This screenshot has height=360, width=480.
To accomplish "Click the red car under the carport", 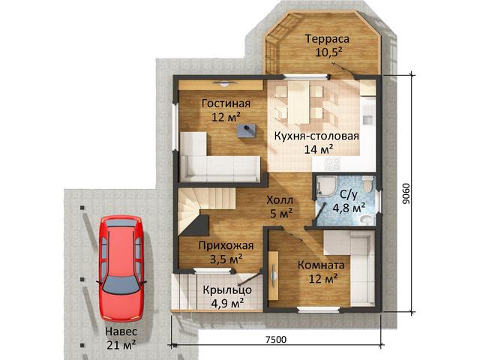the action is tap(121, 268).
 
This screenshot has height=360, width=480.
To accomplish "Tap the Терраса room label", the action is tap(327, 39).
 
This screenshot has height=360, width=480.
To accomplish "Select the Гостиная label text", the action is tap(226, 103).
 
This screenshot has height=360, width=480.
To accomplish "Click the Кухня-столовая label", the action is tap(316, 136).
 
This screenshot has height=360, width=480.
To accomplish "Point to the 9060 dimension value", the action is tap(406, 193).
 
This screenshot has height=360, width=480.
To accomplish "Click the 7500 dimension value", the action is tap(276, 340).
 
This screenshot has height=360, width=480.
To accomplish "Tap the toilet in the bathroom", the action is tap(367, 184).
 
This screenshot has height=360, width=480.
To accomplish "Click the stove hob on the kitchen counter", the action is tap(332, 163).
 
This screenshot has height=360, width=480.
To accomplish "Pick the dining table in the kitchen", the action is tap(298, 102).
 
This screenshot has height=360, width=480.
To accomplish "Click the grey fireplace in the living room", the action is tap(247, 130).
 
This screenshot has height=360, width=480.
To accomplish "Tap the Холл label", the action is tap(280, 200).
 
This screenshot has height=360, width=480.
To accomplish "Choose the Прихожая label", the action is tap(226, 245).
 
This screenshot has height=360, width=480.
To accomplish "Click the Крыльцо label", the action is tap(227, 289).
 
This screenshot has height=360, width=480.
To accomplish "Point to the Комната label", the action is tap(321, 265).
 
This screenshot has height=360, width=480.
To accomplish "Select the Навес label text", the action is tap(121, 331).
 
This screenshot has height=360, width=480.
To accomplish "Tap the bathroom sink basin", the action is tap(367, 219).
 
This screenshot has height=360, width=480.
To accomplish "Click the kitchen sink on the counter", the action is tap(367, 118).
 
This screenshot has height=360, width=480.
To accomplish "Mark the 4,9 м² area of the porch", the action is tap(227, 303).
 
